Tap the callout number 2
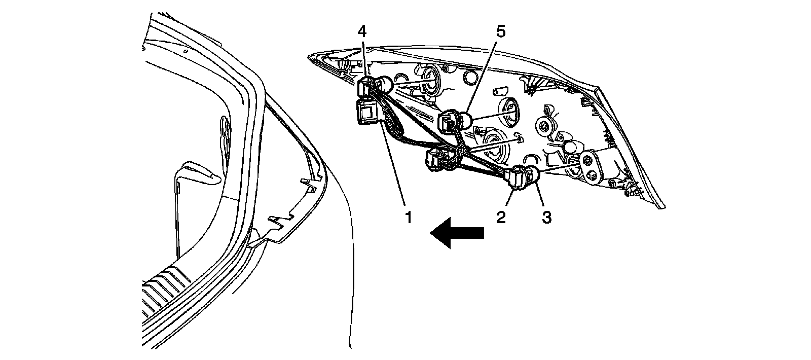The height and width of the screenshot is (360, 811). (501, 218)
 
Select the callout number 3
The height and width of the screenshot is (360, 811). (546, 218)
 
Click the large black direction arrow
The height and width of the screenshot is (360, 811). (456, 233)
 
